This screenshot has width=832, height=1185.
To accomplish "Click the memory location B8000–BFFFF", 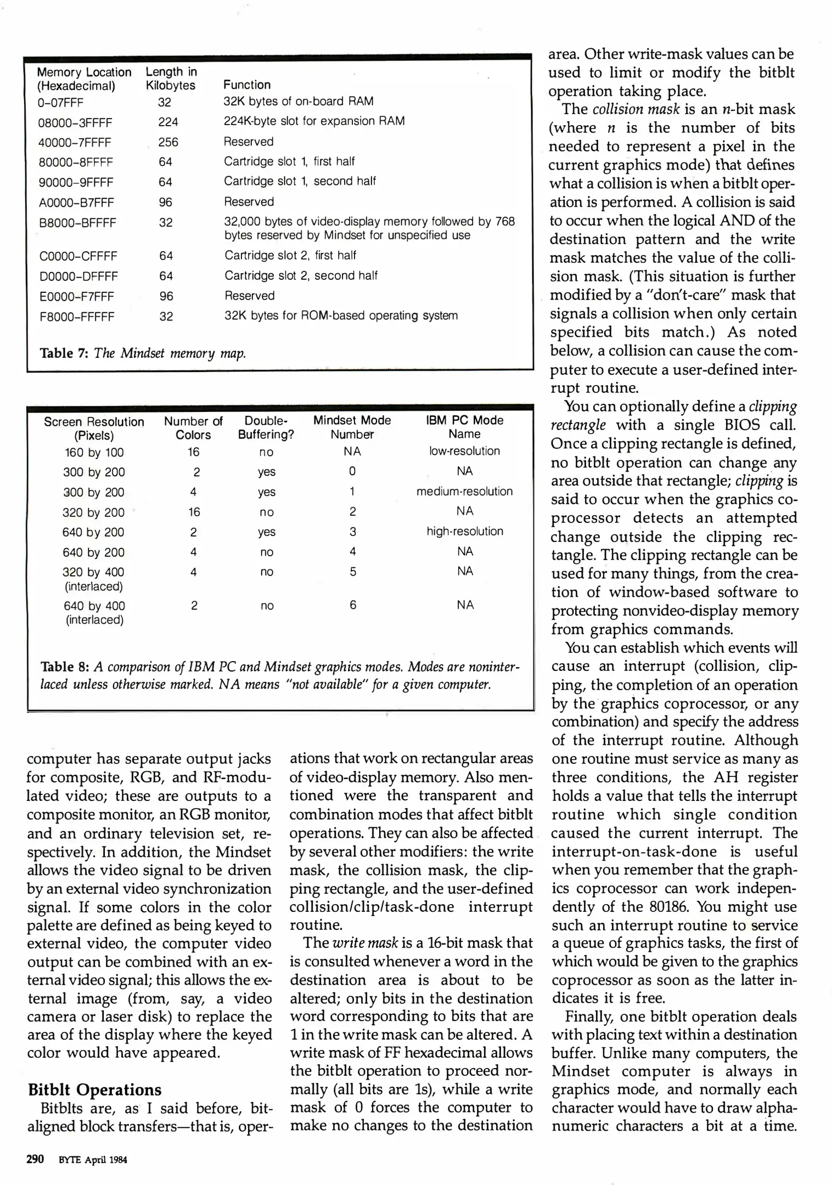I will tap(77, 223).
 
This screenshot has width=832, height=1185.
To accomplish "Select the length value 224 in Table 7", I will tap(168, 122).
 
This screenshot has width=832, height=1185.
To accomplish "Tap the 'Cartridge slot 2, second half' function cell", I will tap(301, 275).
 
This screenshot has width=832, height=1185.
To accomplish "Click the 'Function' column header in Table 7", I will tap(247, 84).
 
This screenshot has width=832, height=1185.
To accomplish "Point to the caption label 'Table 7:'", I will tap(64, 353).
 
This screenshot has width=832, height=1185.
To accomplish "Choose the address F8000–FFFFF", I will tap(77, 317).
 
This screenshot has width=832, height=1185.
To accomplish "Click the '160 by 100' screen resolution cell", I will tap(94, 452).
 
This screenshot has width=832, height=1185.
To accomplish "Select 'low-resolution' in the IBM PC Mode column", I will tap(464, 451).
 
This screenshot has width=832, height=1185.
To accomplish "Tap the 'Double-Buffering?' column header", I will tap(266, 427).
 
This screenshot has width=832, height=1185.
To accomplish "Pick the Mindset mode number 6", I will tap(353, 605).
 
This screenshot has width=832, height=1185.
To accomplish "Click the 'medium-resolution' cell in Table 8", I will tap(464, 491).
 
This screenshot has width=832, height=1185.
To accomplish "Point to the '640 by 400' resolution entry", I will tap(94, 606).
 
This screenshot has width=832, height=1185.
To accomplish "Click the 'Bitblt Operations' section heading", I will tap(95, 1090).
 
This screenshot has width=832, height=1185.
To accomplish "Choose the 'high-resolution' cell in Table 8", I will tap(464, 531).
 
